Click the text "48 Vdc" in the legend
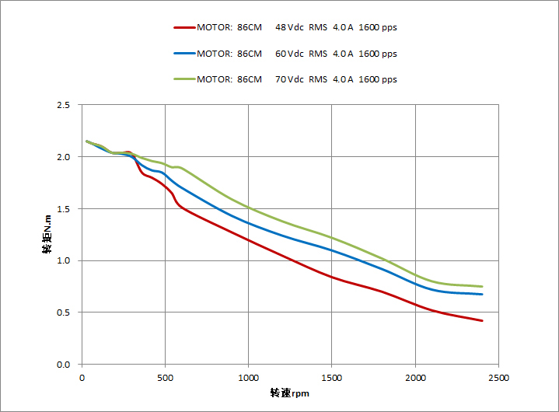(x=289, y=28)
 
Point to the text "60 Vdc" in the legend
(x=289, y=54)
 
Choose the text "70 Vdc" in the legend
(x=289, y=79)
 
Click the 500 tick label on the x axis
(x=165, y=378)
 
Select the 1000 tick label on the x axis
(x=248, y=378)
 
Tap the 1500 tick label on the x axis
(x=332, y=378)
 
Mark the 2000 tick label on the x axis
(x=415, y=378)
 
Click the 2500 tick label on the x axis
(x=498, y=378)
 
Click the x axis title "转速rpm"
(x=290, y=393)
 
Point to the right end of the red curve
(x=482, y=320)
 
